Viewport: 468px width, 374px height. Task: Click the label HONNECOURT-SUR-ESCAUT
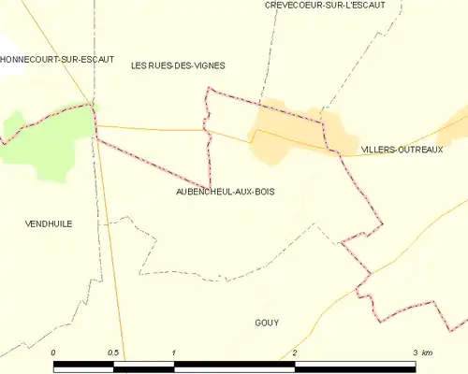57,59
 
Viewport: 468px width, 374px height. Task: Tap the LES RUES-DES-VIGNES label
178,65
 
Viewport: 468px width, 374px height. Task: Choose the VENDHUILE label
51,224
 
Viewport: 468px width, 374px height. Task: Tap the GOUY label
267,323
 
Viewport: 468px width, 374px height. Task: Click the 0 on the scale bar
54,352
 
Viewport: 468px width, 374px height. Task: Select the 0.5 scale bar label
114,352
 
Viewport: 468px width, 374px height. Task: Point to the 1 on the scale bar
174,352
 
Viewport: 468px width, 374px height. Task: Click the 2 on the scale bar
295,352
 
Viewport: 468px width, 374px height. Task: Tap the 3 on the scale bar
415,352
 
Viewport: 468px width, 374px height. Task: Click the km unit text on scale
427,352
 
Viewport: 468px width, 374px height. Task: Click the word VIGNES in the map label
208,65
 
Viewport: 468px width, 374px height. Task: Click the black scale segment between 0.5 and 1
144,364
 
